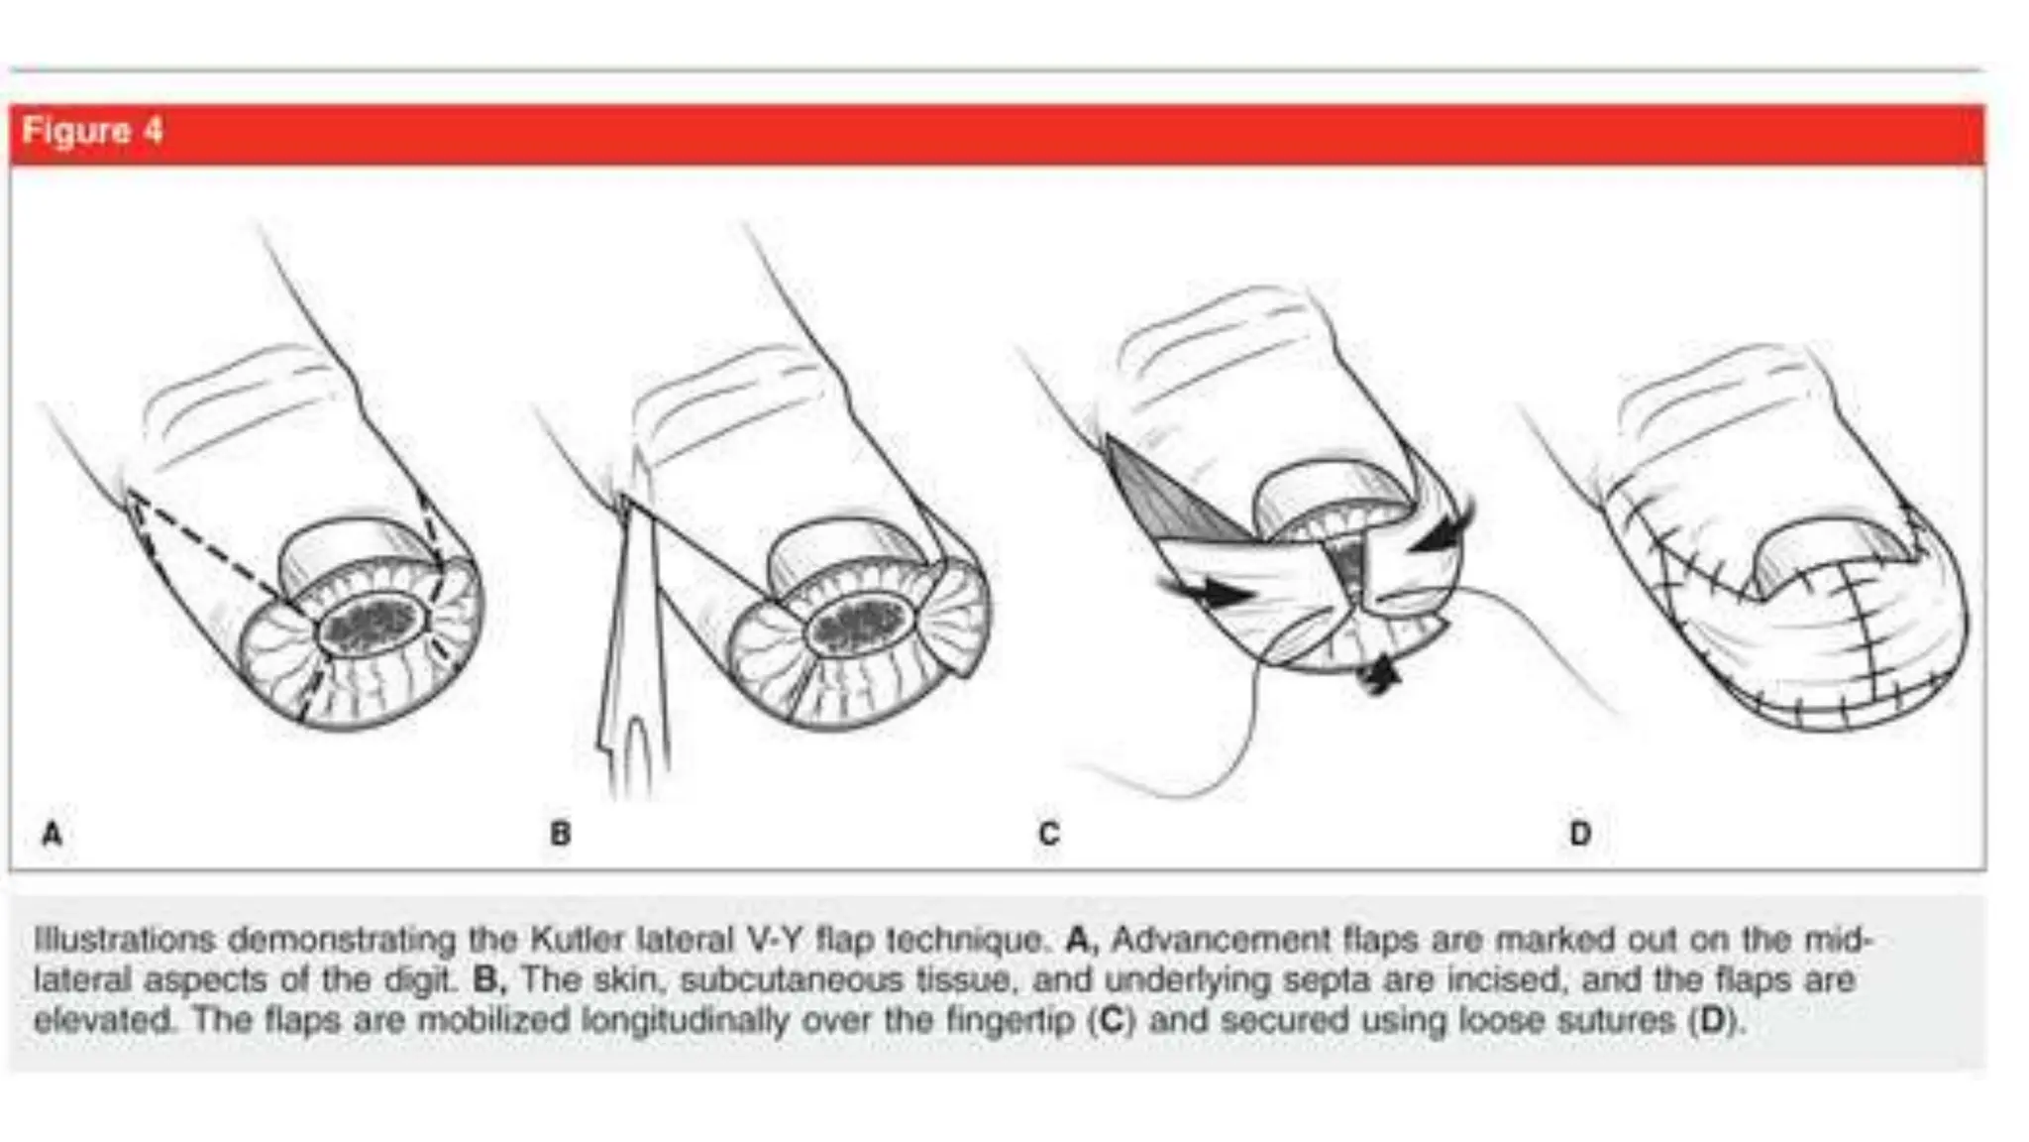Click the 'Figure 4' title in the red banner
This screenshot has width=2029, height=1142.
pos(92,131)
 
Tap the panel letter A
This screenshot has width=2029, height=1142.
pos(53,833)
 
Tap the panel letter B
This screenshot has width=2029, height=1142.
pos(561,833)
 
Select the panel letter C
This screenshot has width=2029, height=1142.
pos(1049,834)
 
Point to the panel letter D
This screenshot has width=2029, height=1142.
pos(1580,833)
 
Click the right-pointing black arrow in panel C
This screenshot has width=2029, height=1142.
pos(1209,593)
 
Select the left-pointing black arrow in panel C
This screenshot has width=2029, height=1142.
pos(1442,530)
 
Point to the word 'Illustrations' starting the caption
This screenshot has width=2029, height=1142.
pos(124,939)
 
